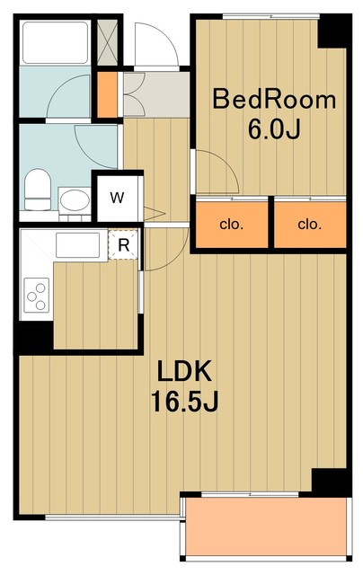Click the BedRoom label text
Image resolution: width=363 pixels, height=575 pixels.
(x=274, y=100)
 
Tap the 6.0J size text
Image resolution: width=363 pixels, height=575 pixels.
(x=274, y=129)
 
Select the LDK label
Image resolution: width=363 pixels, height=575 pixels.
(x=184, y=371)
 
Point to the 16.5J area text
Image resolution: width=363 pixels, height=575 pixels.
(x=184, y=402)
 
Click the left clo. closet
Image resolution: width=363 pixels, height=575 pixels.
(x=232, y=225)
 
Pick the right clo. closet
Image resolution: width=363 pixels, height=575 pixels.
(x=310, y=225)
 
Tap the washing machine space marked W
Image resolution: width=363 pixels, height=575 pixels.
(x=118, y=198)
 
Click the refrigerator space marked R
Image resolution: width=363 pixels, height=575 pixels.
(x=123, y=244)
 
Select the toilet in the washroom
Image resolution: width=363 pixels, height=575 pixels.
(x=38, y=190)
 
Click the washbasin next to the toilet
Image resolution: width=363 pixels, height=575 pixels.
(x=75, y=200)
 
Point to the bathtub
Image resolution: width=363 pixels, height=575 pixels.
(x=56, y=43)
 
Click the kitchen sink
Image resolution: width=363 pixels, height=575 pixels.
(x=78, y=245)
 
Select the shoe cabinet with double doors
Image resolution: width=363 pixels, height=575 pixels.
(x=134, y=94)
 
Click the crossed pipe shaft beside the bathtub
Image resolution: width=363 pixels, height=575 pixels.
(x=108, y=42)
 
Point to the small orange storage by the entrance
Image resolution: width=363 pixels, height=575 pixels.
(x=108, y=95)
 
